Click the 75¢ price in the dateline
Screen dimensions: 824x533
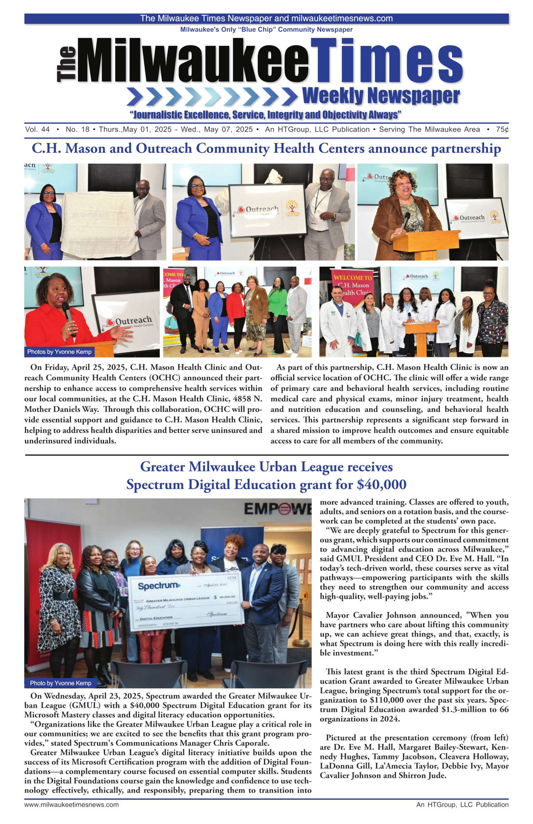pyautogui.click(x=502, y=130)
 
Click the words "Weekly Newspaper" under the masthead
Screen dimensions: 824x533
pyautogui.click(x=381, y=96)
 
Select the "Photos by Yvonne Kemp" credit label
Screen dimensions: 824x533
pyautogui.click(x=60, y=352)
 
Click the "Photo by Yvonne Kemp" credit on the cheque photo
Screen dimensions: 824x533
pyautogui.click(x=61, y=683)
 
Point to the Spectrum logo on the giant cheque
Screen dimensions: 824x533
pyautogui.click(x=159, y=586)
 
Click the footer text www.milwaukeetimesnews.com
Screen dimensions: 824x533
pyautogui.click(x=72, y=804)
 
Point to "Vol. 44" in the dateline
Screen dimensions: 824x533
pyautogui.click(x=37, y=130)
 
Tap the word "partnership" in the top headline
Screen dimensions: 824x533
pyautogui.click(x=466, y=148)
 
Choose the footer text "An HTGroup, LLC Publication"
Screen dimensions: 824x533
pyautogui.click(x=462, y=804)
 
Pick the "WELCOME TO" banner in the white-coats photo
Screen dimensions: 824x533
pyautogui.click(x=353, y=278)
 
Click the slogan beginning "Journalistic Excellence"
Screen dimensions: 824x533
pyautogui.click(x=266, y=115)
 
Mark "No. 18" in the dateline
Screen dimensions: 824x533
pyautogui.click(x=77, y=130)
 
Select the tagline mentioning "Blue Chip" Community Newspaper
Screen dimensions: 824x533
pyautogui.click(x=266, y=30)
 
